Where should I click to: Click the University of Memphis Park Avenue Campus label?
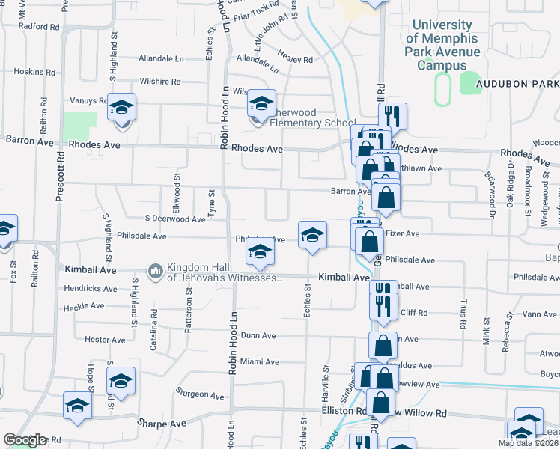point(442,46)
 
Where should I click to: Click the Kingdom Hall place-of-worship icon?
point(156,290)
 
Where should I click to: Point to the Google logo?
point(25,439)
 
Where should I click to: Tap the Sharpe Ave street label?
point(161,423)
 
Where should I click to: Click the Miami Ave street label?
point(259,362)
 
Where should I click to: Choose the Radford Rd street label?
point(39,27)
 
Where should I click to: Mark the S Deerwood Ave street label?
point(175,219)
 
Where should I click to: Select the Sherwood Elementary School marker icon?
point(262,103)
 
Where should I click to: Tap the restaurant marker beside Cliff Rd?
point(383,306)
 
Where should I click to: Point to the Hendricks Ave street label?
point(91,288)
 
